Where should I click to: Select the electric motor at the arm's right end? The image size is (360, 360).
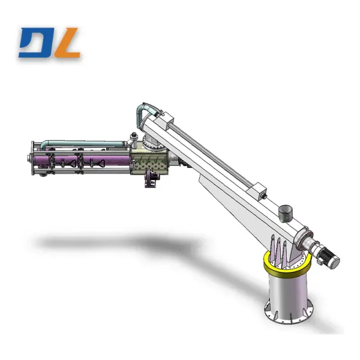tap(329, 257)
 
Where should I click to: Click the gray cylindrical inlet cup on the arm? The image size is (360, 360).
tap(286, 212)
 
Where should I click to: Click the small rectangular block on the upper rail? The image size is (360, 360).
tap(258, 190)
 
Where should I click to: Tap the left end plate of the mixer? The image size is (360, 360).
tap(32, 158)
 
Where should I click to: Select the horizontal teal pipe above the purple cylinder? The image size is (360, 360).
tap(84, 144)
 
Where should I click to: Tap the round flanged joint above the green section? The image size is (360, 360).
tap(149, 144)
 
